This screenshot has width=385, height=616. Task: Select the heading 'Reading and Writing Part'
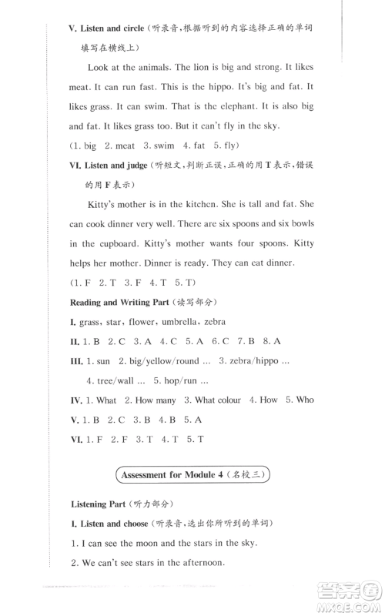(129, 302)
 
